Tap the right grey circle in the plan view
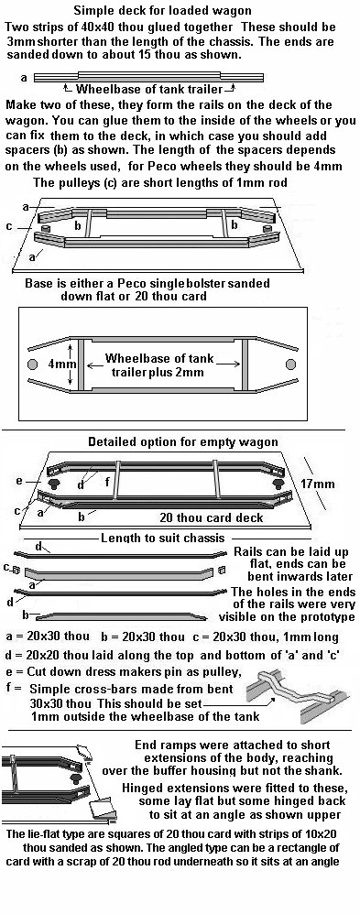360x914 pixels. coord(290,364)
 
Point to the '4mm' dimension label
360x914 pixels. coord(59,364)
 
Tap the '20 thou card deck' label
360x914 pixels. coord(212,517)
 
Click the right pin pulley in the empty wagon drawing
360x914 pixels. coord(277,484)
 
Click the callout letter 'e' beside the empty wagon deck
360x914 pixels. coord(18,482)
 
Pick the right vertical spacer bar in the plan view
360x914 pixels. coord(245,364)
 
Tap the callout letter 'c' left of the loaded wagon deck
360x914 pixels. coord(9,226)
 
